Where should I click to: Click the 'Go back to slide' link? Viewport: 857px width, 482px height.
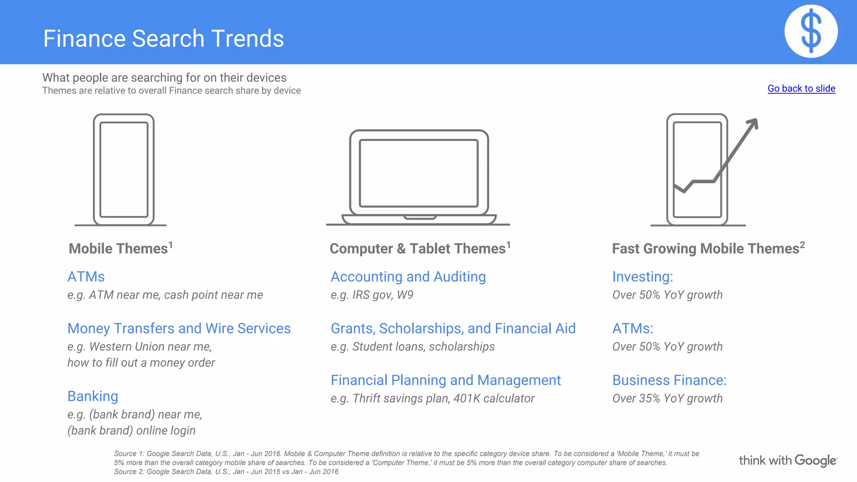click(801, 88)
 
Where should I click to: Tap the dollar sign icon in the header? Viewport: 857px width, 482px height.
click(811, 31)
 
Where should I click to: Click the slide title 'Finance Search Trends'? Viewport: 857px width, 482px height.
click(163, 38)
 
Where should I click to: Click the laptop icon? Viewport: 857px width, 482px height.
click(418, 177)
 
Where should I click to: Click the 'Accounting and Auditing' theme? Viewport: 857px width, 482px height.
click(408, 277)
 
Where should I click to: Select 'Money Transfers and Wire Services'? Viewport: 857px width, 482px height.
click(179, 328)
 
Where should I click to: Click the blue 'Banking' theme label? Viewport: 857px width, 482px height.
click(92, 396)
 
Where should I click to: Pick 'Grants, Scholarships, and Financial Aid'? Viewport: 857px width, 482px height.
click(453, 328)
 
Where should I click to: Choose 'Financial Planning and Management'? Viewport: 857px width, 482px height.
click(445, 380)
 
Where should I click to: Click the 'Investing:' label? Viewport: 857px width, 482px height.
click(642, 277)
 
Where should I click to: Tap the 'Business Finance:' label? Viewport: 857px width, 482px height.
click(669, 380)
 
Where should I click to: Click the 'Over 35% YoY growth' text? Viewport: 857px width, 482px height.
click(667, 398)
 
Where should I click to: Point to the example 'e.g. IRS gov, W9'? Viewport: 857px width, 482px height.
click(372, 295)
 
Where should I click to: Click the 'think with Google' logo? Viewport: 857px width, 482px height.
click(788, 461)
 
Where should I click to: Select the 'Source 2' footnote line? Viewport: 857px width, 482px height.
click(226, 472)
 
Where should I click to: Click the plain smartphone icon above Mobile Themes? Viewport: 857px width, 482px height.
click(124, 169)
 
